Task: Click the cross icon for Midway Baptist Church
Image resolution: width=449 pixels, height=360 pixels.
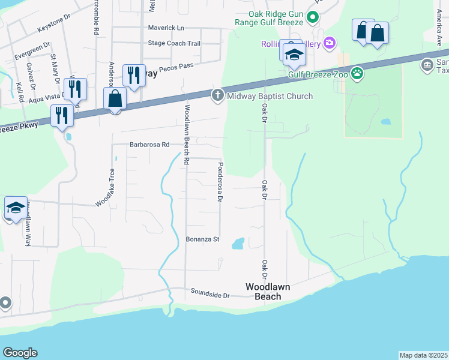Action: (x=217, y=95)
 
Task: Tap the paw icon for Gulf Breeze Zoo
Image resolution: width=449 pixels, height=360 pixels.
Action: (x=358, y=74)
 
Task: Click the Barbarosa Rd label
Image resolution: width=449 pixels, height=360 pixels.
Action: (x=149, y=145)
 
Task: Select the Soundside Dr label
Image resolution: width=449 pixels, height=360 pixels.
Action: (x=210, y=295)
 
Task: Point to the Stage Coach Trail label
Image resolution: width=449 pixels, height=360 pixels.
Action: (x=174, y=43)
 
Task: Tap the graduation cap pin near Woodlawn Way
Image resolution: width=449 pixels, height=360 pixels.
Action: (x=16, y=208)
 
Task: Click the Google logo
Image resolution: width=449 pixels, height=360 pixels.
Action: (x=20, y=353)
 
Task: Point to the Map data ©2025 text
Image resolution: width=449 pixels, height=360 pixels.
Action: (x=424, y=355)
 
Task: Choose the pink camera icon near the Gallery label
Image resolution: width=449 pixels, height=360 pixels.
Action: (x=328, y=43)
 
